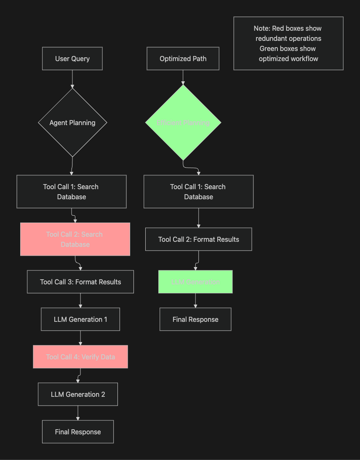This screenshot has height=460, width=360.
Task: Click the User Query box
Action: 72,59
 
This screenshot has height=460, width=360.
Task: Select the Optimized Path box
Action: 183,59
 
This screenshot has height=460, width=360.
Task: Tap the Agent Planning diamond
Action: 72,123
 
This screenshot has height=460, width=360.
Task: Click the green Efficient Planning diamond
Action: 183,123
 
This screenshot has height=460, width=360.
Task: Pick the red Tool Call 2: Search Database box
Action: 75,239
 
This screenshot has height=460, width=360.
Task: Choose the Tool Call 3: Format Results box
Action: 80,282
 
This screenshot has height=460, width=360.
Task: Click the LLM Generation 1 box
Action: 80,319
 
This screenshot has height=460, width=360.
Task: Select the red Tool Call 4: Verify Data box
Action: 80,357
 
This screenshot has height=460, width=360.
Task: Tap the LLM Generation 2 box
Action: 78,394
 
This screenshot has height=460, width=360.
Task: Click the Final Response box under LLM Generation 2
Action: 78,432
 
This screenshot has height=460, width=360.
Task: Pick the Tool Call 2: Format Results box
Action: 199,239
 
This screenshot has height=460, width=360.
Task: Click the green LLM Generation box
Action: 195,282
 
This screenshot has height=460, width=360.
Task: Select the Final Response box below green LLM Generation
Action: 195,319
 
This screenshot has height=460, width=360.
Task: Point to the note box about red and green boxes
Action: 288,43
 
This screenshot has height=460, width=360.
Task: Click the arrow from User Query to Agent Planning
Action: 72,79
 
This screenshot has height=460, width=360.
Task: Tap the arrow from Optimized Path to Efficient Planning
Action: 183,78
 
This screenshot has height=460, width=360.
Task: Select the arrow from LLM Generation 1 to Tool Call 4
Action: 80,338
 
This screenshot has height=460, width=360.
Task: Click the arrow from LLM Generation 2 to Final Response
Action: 78,413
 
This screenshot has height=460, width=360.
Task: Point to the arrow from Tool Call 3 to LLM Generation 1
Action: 80,300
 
